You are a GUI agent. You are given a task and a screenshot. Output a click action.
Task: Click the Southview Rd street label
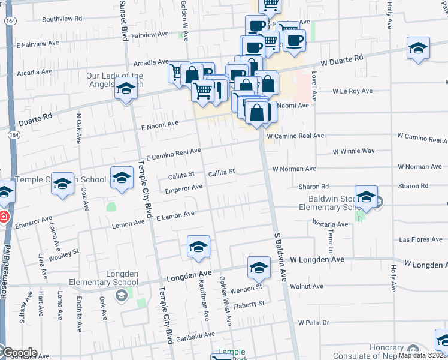click(x=62, y=19)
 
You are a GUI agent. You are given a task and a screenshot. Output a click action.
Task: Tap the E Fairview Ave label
click(x=38, y=44)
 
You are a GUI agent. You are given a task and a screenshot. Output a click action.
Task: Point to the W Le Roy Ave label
click(x=353, y=91)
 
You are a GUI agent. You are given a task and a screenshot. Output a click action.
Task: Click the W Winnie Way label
click(x=353, y=151)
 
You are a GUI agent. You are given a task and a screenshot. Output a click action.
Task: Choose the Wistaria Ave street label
click(x=330, y=224)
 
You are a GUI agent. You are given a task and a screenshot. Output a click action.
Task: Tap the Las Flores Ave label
click(x=420, y=239)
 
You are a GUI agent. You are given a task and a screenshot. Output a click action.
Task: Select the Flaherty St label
click(x=250, y=304)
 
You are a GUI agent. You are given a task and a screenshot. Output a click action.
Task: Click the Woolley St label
click(x=68, y=251)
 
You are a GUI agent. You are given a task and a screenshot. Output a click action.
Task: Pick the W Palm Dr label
click(x=314, y=323)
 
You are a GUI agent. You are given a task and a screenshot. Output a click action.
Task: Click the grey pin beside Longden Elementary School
click(x=122, y=295)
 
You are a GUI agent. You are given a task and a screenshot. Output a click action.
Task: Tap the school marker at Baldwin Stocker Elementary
click(x=366, y=197)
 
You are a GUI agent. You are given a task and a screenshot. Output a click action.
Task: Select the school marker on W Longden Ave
click(x=259, y=268)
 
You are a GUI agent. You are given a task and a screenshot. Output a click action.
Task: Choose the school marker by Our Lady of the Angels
click(x=126, y=88)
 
